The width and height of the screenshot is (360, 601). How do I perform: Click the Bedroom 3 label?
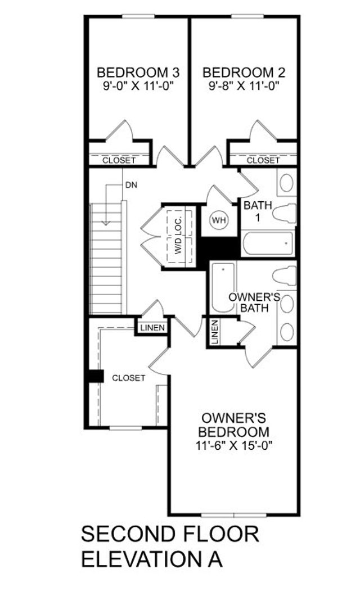(x=138, y=72)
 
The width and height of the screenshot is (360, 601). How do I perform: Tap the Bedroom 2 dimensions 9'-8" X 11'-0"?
(x=244, y=85)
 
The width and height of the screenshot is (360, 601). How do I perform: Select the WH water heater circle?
(x=219, y=220)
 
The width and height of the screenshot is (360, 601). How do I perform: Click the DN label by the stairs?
(x=131, y=185)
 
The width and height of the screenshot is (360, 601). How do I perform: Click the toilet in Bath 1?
(x=285, y=213)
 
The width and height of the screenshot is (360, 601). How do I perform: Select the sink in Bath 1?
(x=286, y=183)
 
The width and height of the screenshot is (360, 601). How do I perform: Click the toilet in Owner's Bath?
(x=285, y=276)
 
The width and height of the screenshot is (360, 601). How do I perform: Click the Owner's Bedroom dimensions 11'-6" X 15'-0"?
(x=234, y=446)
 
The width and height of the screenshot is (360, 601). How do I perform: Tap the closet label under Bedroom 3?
(x=119, y=160)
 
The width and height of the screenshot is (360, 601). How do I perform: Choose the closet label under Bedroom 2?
(x=263, y=160)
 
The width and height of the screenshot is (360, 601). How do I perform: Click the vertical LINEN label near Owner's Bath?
(x=215, y=332)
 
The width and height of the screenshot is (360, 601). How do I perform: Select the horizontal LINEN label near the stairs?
(x=152, y=328)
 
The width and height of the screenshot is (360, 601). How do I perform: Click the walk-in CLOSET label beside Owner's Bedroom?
(x=129, y=378)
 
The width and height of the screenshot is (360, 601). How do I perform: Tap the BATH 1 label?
(x=258, y=211)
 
